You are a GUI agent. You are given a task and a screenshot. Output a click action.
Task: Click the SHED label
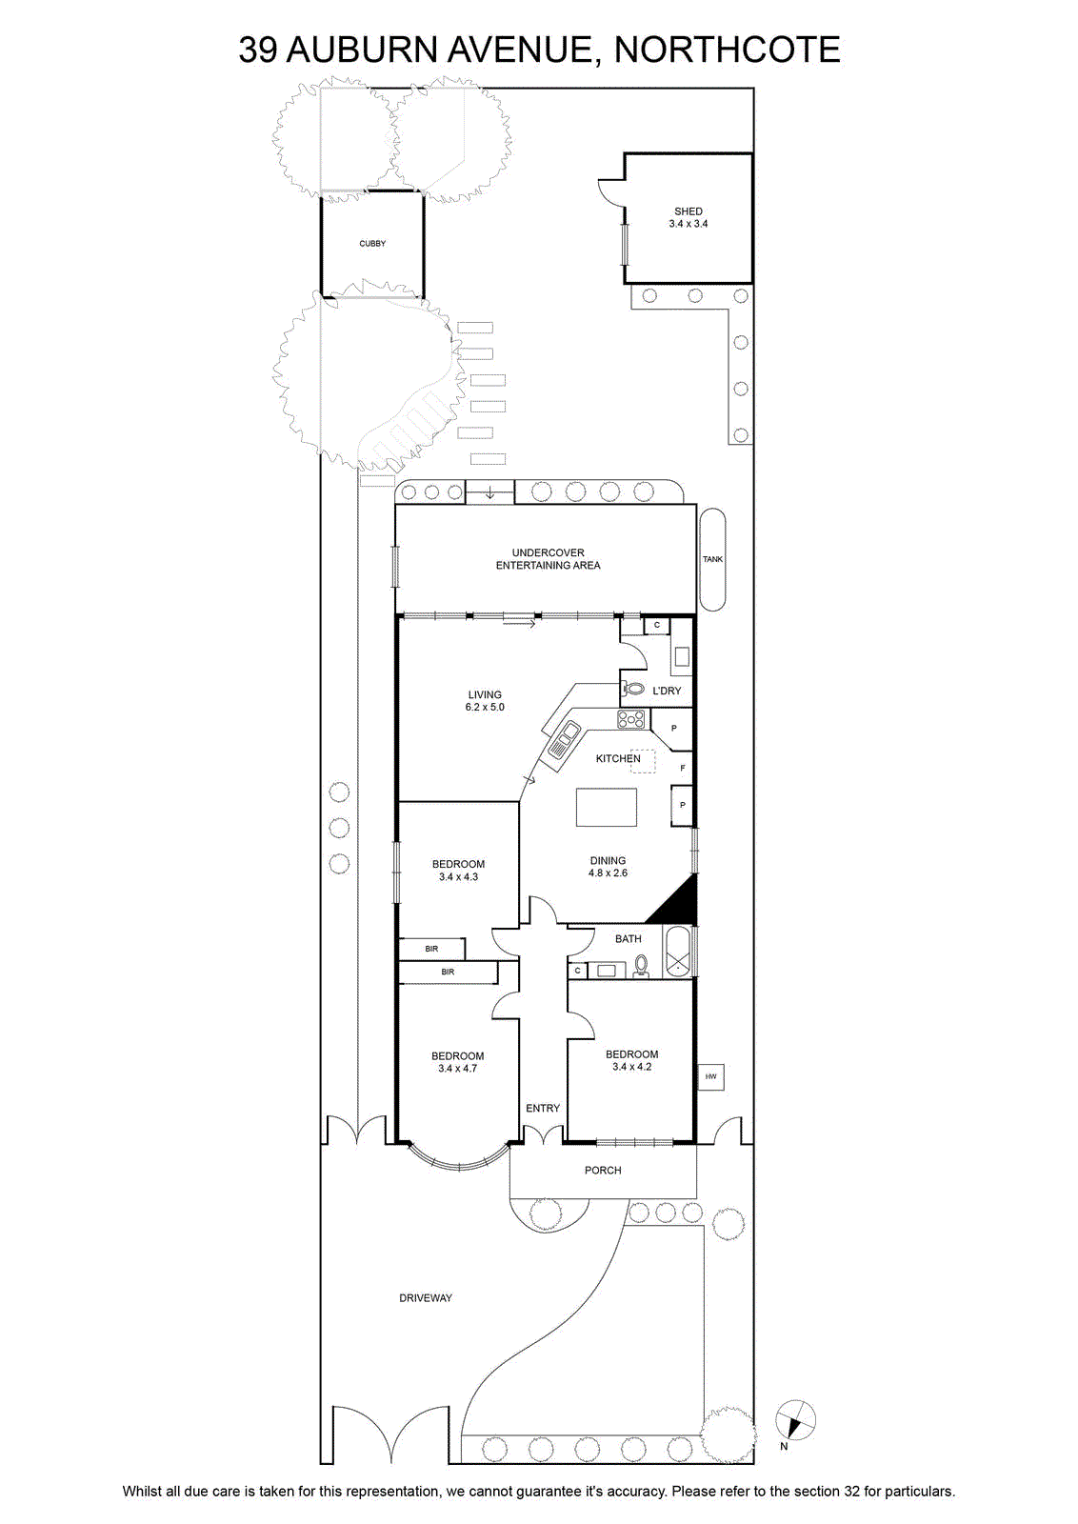[689, 211]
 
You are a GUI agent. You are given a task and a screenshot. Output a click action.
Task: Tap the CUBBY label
[372, 244]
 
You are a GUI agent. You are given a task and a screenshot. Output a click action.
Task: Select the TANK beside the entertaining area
[712, 559]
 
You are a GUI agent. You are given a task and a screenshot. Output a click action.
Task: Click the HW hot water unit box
[710, 1077]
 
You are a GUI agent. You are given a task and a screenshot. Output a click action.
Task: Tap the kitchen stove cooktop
[631, 719]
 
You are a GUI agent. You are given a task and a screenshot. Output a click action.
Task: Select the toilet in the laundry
[633, 690]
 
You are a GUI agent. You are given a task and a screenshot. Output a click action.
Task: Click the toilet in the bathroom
[641, 966]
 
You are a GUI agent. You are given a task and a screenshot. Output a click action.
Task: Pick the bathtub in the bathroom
[679, 952]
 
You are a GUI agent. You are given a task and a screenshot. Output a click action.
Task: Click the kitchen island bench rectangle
[607, 807]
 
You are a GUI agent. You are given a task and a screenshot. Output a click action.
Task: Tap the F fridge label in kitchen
[683, 768]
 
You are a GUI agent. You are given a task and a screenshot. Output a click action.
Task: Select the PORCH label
[603, 1171]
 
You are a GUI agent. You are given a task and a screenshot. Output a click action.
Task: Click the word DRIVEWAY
[426, 1298]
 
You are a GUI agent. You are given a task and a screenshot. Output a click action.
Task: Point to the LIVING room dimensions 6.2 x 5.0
[485, 707]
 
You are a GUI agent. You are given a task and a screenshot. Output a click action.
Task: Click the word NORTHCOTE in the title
[727, 50]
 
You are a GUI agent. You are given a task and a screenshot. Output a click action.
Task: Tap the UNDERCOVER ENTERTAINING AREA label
[548, 558]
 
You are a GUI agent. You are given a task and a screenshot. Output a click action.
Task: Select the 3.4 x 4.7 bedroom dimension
[458, 1068]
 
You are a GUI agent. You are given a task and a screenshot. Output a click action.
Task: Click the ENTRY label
[543, 1109]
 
